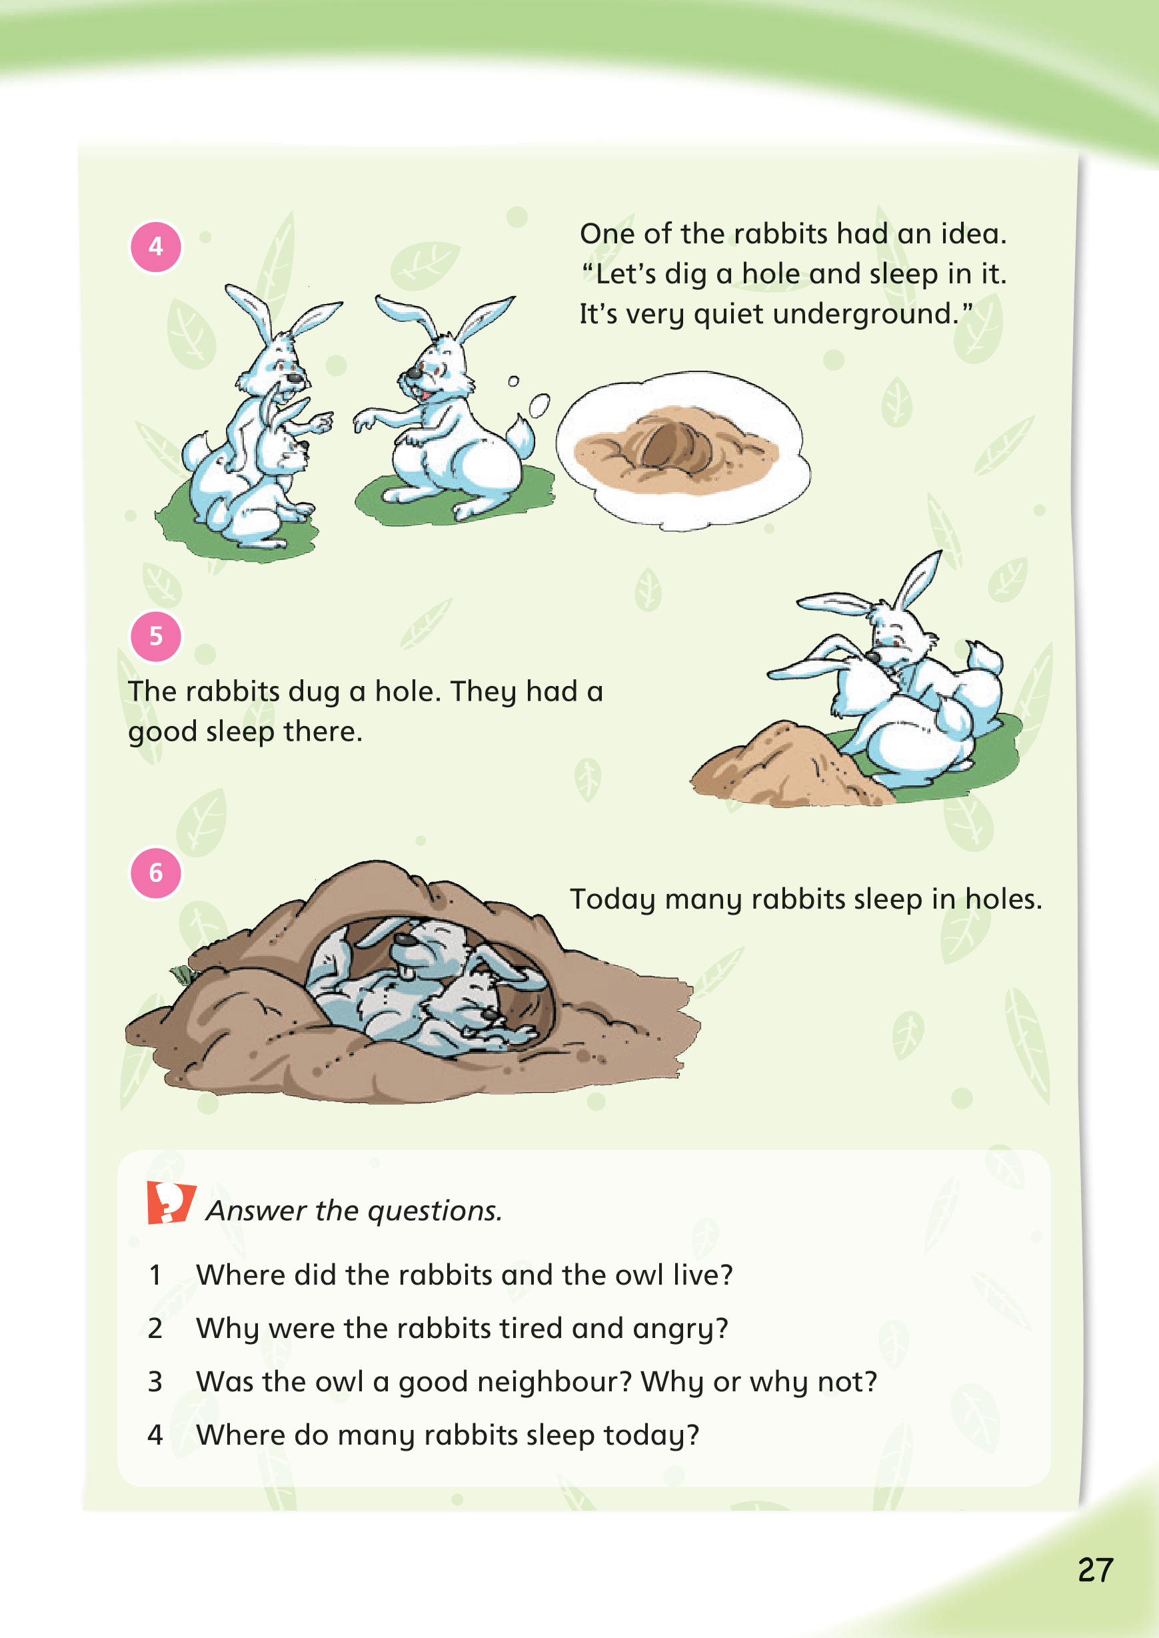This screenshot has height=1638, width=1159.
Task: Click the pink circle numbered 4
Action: [155, 247]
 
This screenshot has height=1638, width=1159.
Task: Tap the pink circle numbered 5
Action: [155, 637]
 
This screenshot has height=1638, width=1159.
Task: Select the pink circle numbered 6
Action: [155, 873]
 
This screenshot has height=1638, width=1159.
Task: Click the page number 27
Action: [1096, 1570]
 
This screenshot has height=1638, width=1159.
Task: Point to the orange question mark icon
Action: [171, 1203]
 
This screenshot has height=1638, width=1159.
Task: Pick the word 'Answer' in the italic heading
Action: [257, 1211]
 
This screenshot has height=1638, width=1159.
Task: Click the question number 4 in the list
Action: [155, 1436]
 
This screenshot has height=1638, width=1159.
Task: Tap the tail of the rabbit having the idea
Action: [521, 436]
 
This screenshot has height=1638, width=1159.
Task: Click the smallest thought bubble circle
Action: [513, 381]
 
